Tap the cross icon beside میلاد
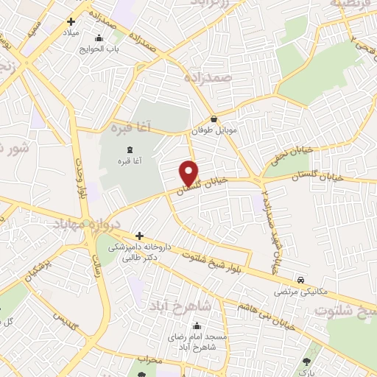coord(71,22)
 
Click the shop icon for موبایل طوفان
coord(214,119)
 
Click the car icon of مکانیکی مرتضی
coord(301,281)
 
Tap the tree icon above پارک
coord(306,362)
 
